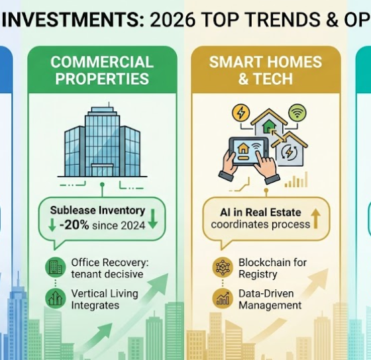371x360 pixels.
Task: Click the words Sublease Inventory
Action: (97, 210)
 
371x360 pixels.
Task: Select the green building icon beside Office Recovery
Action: (54, 268)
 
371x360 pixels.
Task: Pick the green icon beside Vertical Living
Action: (54, 298)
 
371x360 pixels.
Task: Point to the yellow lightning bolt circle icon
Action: (240, 113)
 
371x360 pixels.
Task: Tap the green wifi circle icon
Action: (298, 112)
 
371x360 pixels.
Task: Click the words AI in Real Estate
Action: (260, 212)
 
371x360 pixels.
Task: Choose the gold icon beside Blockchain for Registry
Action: (222, 267)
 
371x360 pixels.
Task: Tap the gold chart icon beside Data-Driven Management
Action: (222, 298)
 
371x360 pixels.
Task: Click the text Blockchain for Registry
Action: (272, 267)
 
